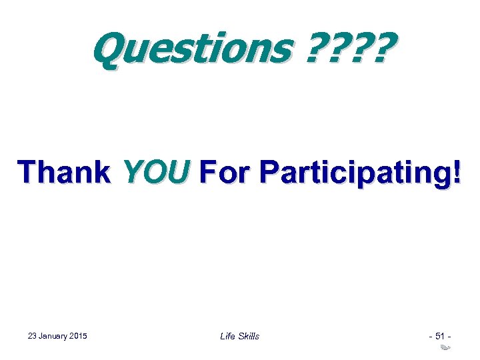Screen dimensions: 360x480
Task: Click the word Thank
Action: [65, 173]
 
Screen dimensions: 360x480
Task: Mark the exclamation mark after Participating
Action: [455, 173]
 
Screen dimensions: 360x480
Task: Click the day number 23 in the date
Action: [33, 335]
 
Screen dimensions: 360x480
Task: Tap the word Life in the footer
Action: [227, 336]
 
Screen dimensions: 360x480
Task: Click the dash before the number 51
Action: [430, 336]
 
